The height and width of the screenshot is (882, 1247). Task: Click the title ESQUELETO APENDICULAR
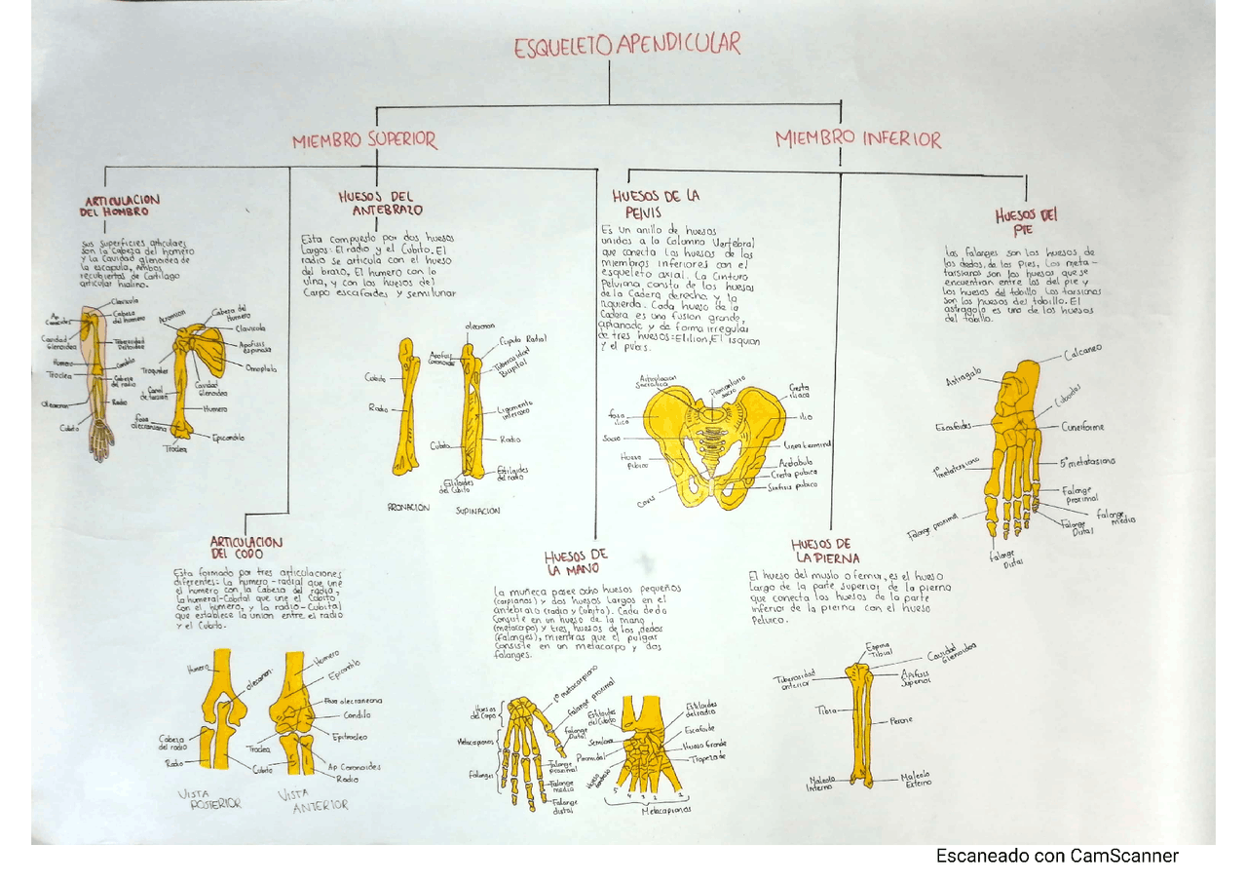626,45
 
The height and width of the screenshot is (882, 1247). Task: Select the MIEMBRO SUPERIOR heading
364,140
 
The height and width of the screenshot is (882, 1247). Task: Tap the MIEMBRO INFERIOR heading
858,139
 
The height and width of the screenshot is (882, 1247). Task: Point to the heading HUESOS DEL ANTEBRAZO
381,203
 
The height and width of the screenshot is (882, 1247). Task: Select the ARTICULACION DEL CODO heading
246,548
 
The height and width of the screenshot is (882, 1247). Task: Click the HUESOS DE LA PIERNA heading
825,551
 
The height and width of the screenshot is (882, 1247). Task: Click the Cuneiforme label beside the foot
1083,427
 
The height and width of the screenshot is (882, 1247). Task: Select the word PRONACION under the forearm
407,508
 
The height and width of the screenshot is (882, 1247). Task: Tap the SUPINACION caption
477,510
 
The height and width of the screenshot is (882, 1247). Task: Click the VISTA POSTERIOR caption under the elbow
209,799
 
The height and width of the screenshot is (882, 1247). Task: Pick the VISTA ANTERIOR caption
313,799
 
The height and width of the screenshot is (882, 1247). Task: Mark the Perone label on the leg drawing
900,721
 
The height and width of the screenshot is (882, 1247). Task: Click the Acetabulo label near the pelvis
795,462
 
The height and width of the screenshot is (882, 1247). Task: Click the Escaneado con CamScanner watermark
1057,857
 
